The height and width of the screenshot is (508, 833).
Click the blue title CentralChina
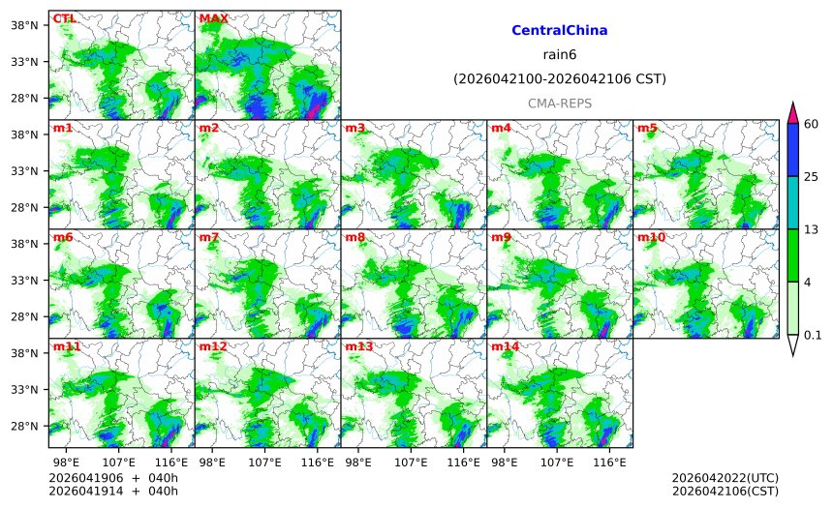click(x=559, y=31)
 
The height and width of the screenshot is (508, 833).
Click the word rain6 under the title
click(x=559, y=54)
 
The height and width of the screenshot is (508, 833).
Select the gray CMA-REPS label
click(x=559, y=103)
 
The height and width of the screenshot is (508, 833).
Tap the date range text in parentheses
click(x=559, y=78)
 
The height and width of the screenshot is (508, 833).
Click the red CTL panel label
click(x=64, y=18)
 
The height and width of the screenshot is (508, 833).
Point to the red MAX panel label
click(x=213, y=18)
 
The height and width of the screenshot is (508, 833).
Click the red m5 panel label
click(x=646, y=128)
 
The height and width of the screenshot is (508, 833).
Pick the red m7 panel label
click(x=209, y=237)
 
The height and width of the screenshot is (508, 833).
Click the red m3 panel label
click(x=355, y=128)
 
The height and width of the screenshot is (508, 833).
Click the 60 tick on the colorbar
click(x=812, y=123)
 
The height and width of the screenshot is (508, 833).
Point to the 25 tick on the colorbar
click(x=812, y=176)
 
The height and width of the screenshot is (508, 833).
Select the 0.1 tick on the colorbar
click(x=813, y=336)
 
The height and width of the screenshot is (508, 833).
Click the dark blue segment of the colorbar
click(x=792, y=149)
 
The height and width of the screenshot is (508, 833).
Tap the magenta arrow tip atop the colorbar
click(x=792, y=112)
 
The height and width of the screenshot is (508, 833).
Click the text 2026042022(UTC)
click(x=725, y=478)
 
